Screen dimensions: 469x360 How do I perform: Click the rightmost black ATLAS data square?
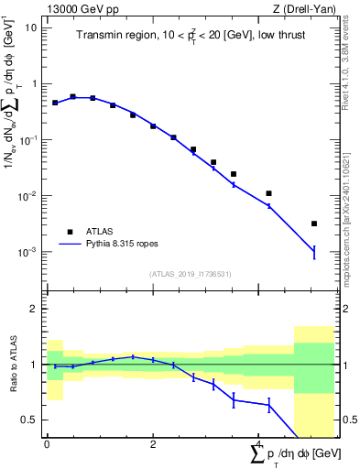coord(313,224)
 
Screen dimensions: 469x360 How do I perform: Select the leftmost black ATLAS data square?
coord(55,103)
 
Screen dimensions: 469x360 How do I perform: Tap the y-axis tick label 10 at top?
coord(31,27)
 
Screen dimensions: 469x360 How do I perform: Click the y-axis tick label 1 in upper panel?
coord(34,83)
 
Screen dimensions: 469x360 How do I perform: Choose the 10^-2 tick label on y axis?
coord(27,196)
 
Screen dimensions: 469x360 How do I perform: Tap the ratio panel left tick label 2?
coord(34,309)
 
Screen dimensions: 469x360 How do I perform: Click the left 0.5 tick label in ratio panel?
coord(30,420)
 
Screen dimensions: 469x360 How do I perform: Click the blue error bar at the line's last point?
coord(313,252)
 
